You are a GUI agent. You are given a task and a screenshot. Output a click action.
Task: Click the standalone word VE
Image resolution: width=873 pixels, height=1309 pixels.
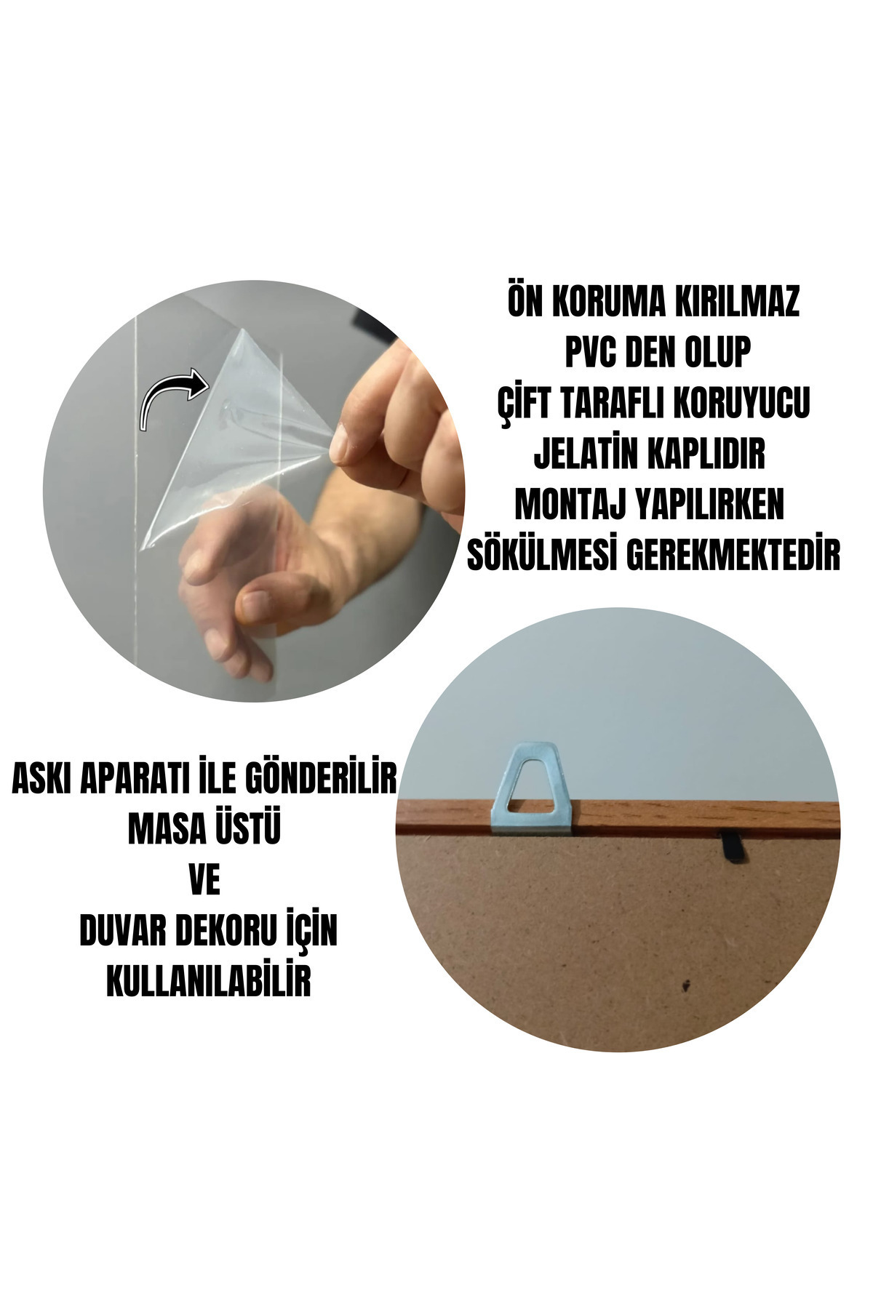204,881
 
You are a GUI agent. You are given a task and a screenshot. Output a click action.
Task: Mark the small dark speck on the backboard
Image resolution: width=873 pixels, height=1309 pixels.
685,986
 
